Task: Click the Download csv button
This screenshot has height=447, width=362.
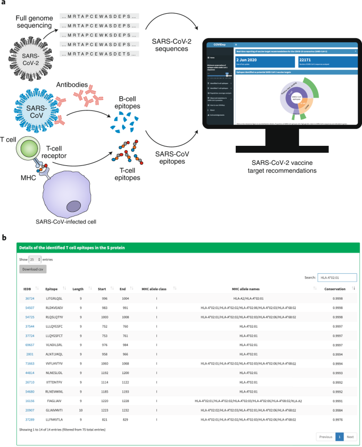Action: (32, 269)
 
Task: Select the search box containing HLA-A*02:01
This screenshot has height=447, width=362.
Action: (337, 277)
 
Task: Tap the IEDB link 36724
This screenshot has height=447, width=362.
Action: (30, 299)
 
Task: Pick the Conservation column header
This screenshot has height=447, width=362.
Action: (335, 289)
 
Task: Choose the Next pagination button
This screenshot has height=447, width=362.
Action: (350, 437)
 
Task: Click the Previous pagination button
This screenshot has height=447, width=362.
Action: (326, 437)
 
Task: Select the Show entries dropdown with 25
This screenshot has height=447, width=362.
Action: (35, 260)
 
